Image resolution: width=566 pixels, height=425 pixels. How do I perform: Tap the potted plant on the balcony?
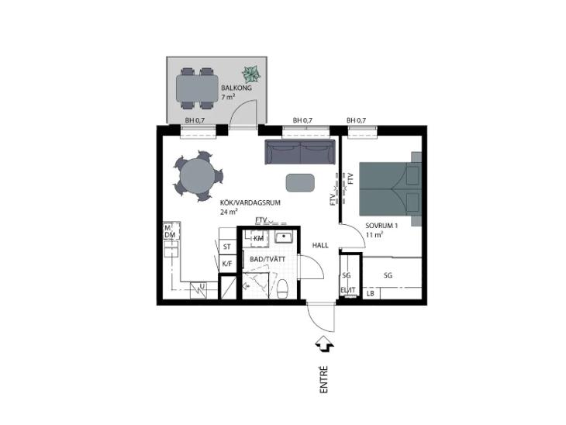251,74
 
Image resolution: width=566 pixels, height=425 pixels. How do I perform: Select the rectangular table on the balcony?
197,88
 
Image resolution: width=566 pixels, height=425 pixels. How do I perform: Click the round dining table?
198,175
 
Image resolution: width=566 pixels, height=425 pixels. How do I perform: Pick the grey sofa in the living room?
300,152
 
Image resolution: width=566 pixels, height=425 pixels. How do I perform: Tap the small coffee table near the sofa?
300,183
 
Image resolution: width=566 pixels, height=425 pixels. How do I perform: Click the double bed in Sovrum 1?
390,189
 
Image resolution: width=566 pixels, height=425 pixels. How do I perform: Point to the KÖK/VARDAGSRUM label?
250,203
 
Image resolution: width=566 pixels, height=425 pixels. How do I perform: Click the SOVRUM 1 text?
381,226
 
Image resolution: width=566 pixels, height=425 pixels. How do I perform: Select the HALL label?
320,246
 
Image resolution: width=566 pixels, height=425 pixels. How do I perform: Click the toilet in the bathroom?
282,289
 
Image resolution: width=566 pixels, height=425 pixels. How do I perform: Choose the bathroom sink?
285,237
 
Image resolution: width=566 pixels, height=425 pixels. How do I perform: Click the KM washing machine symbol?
257,238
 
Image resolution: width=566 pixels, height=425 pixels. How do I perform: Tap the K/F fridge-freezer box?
227,264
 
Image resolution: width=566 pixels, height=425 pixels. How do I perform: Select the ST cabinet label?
227,247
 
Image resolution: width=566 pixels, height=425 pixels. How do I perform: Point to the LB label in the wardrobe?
371,294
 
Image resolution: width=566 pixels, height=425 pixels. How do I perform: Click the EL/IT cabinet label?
348,290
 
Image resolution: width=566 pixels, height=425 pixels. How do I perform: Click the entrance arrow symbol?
325,344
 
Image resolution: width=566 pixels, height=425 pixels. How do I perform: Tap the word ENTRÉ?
324,379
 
